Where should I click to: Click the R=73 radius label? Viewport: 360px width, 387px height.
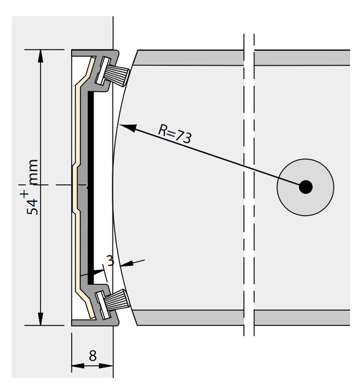click(x=175, y=134)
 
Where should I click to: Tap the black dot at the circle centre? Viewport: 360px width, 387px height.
click(x=305, y=187)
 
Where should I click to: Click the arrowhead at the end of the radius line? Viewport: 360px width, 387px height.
click(x=128, y=128)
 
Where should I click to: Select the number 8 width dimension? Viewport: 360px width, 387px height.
click(x=93, y=356)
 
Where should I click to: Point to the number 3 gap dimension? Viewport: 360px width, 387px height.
click(x=110, y=261)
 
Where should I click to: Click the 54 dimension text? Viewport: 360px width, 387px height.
click(x=32, y=207)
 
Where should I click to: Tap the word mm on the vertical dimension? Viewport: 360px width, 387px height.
click(x=33, y=172)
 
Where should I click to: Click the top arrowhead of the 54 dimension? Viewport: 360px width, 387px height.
click(x=40, y=56)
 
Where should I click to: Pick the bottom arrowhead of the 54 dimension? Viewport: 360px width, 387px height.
click(x=40, y=319)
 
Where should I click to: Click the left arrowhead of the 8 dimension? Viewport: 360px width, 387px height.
click(x=77, y=366)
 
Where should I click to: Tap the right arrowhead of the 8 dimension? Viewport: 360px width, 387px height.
click(x=107, y=366)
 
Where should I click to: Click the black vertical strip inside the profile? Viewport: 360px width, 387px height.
click(x=91, y=188)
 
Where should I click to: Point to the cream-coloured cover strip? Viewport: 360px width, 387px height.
click(x=80, y=188)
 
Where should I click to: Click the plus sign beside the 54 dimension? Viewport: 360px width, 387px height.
click(x=25, y=194)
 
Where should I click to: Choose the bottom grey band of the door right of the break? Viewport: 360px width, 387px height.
click(x=302, y=318)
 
